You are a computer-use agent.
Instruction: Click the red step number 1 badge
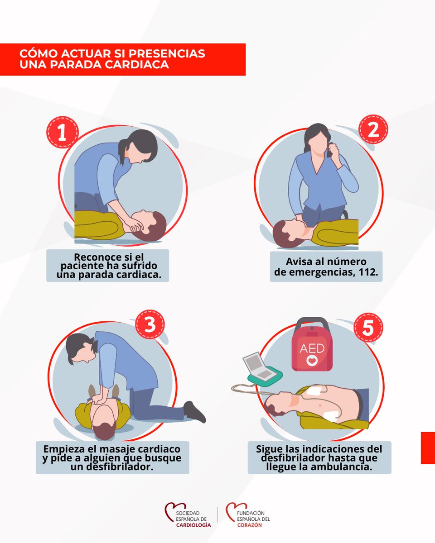63,132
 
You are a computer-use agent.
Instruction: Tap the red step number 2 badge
373,129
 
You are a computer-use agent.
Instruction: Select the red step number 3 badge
150,324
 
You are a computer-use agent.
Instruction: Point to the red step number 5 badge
368,328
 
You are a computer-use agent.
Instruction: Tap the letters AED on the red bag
312,348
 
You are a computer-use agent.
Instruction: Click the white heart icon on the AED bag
312,360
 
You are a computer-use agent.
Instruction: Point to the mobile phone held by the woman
329,150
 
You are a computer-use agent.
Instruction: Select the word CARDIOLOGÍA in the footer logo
193,525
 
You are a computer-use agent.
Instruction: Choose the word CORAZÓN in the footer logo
250,525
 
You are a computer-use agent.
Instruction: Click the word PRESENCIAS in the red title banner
167,53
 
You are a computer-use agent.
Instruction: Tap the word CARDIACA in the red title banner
137,64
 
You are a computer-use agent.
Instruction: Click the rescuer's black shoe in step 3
194,411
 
